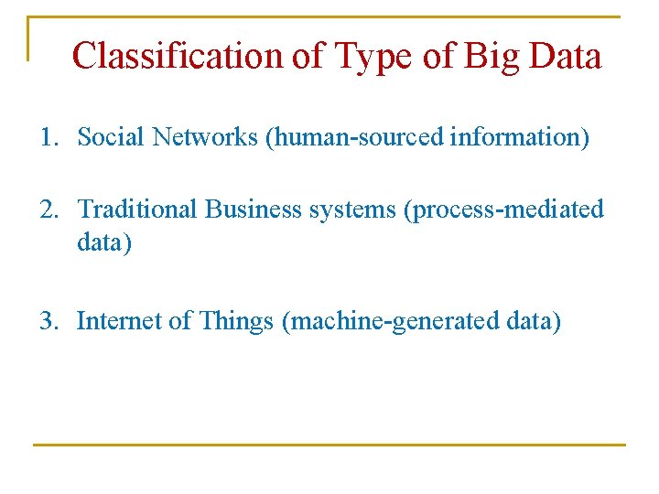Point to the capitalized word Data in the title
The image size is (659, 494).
[565, 56]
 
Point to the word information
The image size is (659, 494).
[519, 137]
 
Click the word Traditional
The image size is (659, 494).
[137, 209]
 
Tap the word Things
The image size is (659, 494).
[236, 321]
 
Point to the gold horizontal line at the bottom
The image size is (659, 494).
[329, 445]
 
